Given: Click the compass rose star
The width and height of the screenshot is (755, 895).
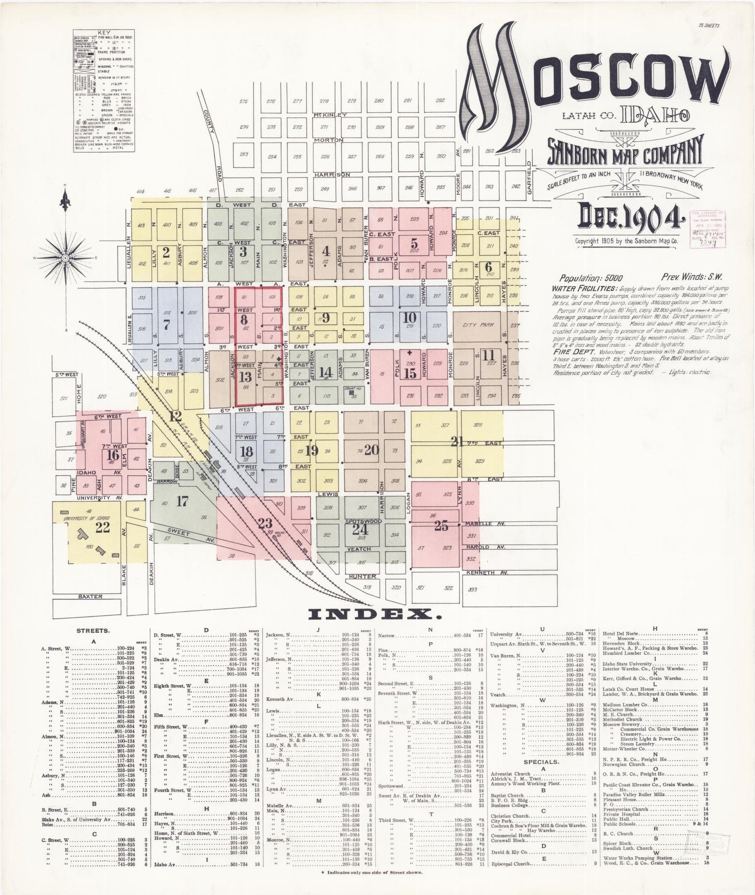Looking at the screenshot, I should coord(66,257).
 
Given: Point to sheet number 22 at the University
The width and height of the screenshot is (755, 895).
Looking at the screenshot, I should coord(102,527).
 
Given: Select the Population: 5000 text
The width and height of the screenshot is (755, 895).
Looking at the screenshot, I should coord(590,278).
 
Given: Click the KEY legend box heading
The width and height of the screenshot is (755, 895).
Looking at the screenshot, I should coord(102,32).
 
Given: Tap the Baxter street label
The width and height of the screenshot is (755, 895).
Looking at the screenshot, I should coord(90,596).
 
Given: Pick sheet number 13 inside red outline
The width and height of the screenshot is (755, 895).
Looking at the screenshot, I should coord(245,376).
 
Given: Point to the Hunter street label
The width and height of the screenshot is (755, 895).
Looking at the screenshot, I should coord(362,576).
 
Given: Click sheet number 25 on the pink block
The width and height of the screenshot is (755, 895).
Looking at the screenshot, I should coord(441,526).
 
